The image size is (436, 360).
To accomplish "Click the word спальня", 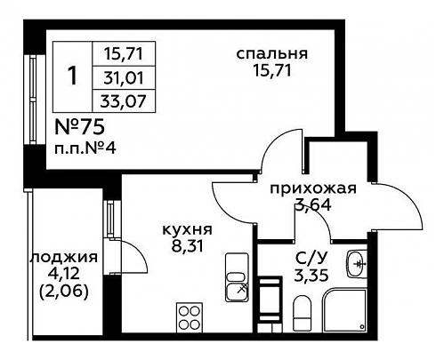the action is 271,54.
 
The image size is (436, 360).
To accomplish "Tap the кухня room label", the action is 188,229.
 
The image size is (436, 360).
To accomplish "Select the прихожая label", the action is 313,188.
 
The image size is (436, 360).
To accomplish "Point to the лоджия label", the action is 64,257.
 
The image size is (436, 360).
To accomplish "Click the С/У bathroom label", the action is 311,259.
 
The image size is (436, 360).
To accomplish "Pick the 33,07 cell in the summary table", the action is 124,101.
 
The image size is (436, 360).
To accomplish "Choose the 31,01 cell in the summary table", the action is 124,78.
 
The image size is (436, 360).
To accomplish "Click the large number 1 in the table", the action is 72,76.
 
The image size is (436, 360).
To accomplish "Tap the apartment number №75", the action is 80,127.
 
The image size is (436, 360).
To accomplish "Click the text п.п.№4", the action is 85,148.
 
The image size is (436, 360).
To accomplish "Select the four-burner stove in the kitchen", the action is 190,317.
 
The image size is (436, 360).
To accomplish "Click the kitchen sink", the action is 237,277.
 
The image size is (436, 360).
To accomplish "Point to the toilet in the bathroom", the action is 303,313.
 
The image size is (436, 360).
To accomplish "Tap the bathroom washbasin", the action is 357,264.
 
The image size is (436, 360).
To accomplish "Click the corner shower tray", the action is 345,310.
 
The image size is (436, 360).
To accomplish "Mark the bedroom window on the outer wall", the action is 33,100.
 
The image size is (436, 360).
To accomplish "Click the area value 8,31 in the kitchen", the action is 188,245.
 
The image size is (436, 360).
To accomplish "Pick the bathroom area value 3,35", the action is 311,276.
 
